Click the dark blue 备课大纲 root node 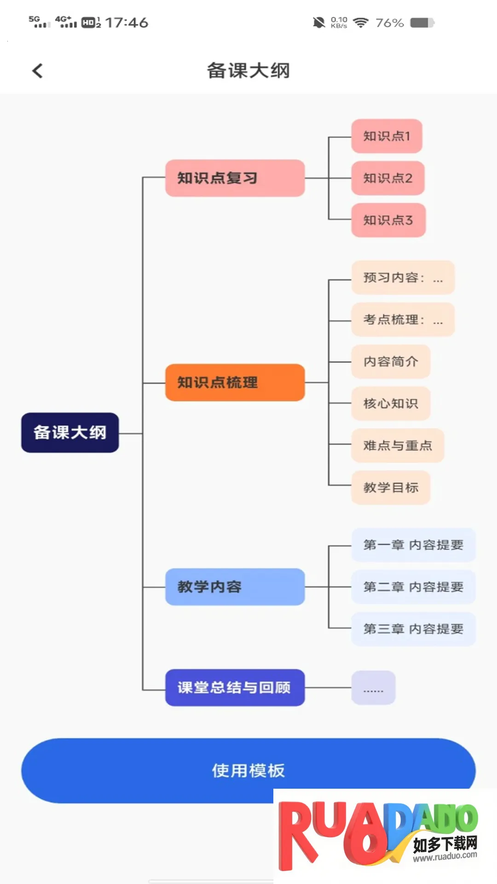pos(70,433)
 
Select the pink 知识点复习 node pos(235,178)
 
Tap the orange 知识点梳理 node pos(235,383)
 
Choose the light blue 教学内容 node pos(235,587)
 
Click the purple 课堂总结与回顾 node pos(235,687)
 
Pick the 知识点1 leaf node pos(387,136)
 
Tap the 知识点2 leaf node pos(387,178)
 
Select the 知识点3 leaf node pos(388,220)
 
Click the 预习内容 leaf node pos(403,278)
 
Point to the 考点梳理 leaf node pos(403,320)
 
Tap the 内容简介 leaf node pos(391,361)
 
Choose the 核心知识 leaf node pos(391,403)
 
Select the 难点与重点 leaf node pos(398,446)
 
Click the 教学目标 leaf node pos(391,488)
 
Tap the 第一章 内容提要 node pos(413,545)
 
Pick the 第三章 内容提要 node pos(413,629)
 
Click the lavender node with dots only pos(373,688)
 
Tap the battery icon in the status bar pos(422,23)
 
